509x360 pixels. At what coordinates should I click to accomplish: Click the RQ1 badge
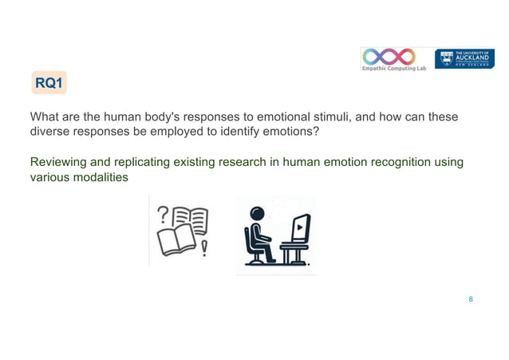[49, 82]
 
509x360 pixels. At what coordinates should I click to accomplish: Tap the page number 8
[471, 299]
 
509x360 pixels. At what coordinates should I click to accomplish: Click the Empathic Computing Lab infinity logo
[389, 56]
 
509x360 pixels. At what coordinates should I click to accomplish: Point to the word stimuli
[331, 117]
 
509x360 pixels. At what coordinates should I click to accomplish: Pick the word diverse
[50, 131]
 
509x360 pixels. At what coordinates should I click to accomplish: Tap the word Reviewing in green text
[61, 163]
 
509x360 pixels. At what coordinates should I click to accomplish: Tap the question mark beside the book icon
[164, 213]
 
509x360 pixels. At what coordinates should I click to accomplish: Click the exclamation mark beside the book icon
[204, 249]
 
